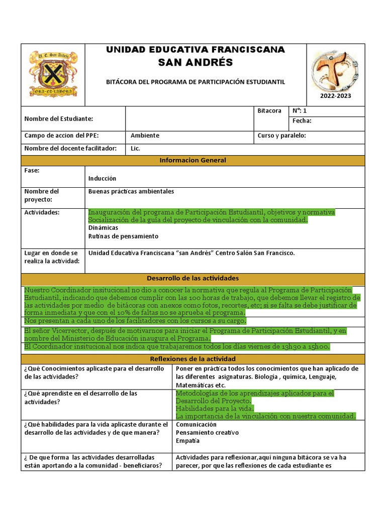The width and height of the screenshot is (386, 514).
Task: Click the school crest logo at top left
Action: click(x=53, y=74)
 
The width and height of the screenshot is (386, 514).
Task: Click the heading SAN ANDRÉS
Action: click(x=196, y=62)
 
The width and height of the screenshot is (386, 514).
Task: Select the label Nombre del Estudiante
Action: click(x=59, y=119)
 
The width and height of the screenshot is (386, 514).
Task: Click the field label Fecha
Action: click(x=302, y=121)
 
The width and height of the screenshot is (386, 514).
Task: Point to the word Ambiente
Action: click(x=145, y=136)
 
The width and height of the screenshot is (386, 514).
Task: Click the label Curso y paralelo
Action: click(x=281, y=136)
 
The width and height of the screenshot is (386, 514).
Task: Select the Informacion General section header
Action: click(x=192, y=161)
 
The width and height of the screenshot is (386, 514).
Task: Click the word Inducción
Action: click(x=102, y=178)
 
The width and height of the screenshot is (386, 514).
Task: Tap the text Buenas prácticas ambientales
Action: click(x=131, y=191)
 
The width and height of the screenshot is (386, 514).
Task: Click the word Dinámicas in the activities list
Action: click(x=103, y=227)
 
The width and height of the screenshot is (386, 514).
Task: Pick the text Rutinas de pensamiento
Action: click(x=123, y=236)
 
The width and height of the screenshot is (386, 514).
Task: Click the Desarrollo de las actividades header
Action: click(x=192, y=278)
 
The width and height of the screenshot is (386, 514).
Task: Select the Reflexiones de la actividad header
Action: click(x=192, y=359)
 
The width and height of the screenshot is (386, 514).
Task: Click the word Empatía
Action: click(x=187, y=441)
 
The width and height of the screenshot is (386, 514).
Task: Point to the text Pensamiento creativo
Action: click(x=207, y=432)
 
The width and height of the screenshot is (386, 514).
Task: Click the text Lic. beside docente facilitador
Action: click(x=135, y=149)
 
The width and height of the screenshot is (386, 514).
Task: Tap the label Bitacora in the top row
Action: click(x=269, y=111)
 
